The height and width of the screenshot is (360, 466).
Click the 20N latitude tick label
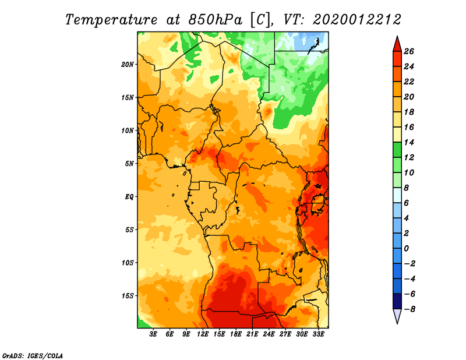[x=128, y=65]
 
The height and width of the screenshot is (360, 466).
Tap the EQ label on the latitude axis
[x=129, y=197]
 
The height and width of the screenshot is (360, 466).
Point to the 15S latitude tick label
[x=128, y=296]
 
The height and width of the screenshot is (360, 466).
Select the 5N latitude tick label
[x=129, y=164]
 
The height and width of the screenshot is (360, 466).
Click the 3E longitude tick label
[x=153, y=334]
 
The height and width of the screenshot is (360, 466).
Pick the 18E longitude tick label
[x=236, y=334]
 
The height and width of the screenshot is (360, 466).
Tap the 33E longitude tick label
[x=318, y=334]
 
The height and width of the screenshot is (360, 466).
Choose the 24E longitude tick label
[x=269, y=334]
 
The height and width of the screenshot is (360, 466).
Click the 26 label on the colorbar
[x=409, y=51]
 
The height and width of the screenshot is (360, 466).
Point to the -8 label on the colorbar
[x=409, y=309]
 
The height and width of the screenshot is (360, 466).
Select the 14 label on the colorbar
[x=409, y=142]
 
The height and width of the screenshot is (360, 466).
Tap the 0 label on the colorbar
[x=407, y=249]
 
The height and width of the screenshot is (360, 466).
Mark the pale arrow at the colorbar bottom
[x=397, y=316]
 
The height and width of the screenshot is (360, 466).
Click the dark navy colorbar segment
[x=397, y=301]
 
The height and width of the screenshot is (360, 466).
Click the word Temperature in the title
[x=111, y=20]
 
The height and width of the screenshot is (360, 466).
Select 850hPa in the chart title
[x=215, y=20]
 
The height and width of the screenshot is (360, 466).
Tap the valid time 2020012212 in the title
[x=357, y=20]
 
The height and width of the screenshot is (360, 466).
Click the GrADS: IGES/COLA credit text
[x=33, y=356]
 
